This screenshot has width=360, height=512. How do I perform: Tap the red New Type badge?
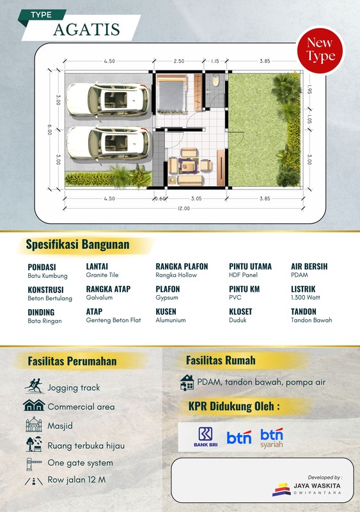tap(320, 49)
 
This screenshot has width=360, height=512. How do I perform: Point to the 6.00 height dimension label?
tap(48, 129)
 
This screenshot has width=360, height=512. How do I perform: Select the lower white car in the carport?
tap(107, 142)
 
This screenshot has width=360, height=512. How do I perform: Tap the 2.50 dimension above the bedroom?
tap(178, 61)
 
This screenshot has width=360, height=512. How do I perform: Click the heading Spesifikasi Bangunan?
tap(77, 244)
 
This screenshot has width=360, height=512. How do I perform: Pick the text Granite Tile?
tap(102, 275)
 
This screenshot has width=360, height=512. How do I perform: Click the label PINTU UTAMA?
tap(250, 266)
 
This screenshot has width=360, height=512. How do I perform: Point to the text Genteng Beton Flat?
tap(113, 320)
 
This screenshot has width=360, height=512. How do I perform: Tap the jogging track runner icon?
tap(33, 387)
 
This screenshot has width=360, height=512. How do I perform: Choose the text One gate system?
tap(80, 463)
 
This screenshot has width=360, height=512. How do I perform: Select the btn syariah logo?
tap(272, 438)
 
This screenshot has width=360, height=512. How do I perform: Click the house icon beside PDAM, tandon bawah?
tap(187, 382)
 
